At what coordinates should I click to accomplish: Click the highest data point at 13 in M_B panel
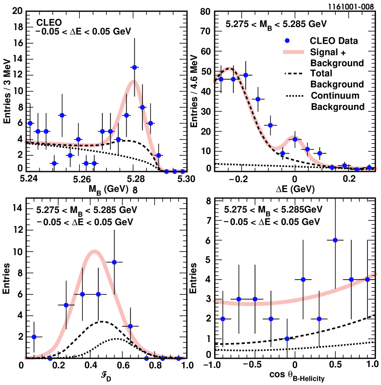pos(134,67)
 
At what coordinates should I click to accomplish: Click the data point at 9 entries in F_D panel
pos(115,262)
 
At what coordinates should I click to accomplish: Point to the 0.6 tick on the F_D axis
pos(130,366)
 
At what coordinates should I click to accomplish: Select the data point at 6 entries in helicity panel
pos(335,240)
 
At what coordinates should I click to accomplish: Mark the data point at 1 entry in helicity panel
pos(287,338)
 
